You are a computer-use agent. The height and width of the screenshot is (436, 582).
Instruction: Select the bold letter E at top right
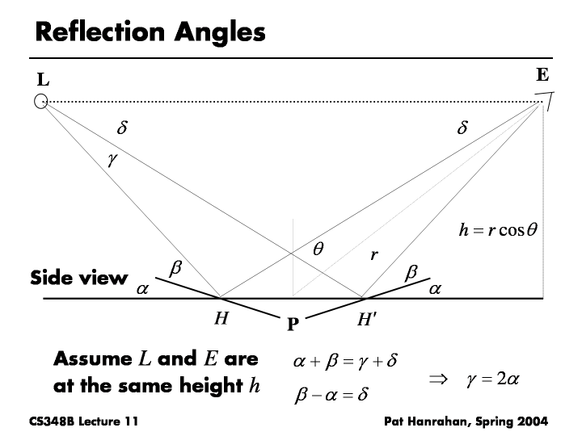tap(542, 76)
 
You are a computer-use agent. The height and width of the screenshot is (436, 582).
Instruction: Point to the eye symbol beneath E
tap(546, 101)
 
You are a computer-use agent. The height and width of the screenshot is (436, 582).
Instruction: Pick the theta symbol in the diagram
tap(319, 250)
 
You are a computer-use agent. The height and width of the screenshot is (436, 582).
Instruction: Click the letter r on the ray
tap(374, 255)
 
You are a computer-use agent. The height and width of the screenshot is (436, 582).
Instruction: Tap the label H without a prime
tap(220, 318)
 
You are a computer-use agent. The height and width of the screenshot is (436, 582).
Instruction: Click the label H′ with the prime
tap(366, 318)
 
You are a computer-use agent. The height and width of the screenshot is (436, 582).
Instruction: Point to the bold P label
tap(293, 325)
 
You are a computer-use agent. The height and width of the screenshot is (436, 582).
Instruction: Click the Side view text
tap(78, 279)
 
